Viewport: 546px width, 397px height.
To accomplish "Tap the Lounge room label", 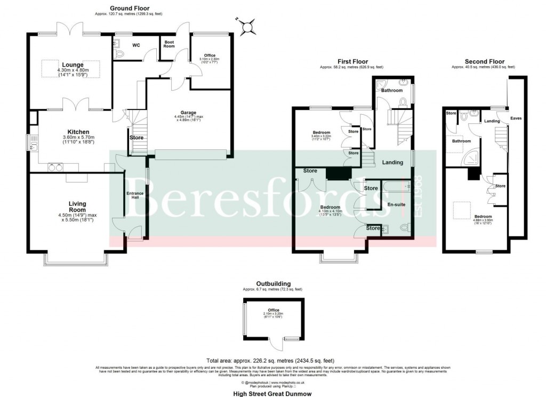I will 73,65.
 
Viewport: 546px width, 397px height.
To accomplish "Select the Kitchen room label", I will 78,132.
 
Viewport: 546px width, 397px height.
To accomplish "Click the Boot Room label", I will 169,44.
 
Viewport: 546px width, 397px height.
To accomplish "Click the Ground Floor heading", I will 129,8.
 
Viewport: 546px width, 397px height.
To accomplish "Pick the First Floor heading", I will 352,62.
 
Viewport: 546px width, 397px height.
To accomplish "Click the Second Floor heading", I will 484,62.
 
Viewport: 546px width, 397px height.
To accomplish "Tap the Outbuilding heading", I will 273,283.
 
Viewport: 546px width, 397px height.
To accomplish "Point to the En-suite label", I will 394,204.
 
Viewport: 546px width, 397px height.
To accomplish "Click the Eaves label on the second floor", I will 516,118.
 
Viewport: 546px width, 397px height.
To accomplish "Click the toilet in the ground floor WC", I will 118,53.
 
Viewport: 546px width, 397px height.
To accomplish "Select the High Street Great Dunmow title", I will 272,393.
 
